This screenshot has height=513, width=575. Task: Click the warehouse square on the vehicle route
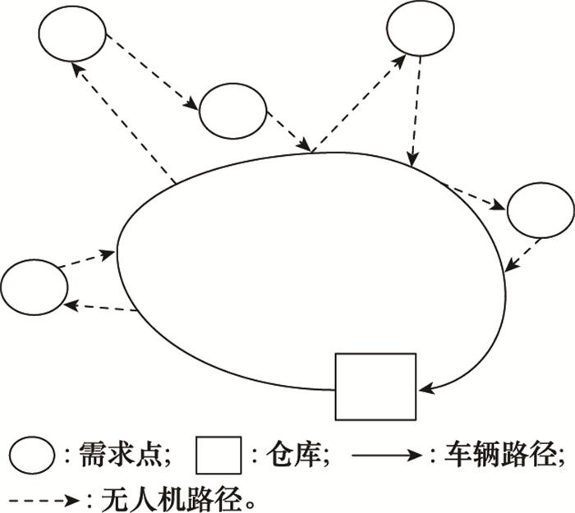(x=375, y=386)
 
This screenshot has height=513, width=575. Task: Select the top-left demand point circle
(x=72, y=34)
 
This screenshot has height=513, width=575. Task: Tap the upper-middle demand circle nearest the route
(x=233, y=110)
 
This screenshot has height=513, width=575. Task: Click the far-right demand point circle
(x=540, y=211)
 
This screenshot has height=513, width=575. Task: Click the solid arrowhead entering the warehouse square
(x=426, y=384)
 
